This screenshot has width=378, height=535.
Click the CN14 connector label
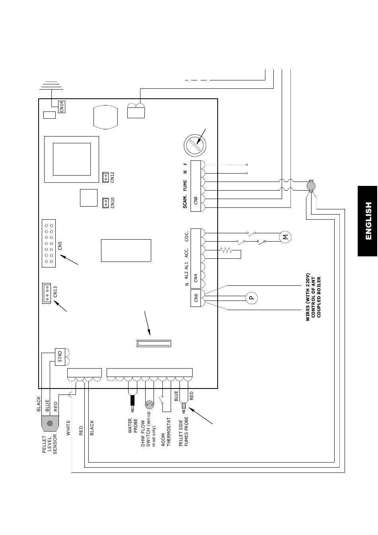[62, 107]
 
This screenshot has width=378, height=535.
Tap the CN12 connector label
[113, 177]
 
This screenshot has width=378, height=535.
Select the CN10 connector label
[113, 203]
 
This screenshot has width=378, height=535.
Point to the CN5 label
[60, 246]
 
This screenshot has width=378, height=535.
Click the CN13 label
[55, 292]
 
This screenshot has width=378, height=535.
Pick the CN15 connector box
[60, 357]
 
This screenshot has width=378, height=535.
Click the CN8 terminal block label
[196, 200]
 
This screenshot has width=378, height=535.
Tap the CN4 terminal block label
[196, 278]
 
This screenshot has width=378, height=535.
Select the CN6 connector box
[196, 298]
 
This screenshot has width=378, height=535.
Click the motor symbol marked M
[285, 237]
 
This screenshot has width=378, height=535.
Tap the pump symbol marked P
[252, 298]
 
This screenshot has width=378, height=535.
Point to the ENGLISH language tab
[368, 221]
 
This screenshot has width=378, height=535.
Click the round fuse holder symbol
[195, 145]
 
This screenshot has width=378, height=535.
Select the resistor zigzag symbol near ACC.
[226, 250]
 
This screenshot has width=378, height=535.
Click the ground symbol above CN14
[52, 86]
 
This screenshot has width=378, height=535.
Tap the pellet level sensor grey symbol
[50, 424]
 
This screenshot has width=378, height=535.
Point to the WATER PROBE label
[133, 426]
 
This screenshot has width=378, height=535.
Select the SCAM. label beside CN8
[185, 202]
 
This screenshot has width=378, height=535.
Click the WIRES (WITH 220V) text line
[308, 297]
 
